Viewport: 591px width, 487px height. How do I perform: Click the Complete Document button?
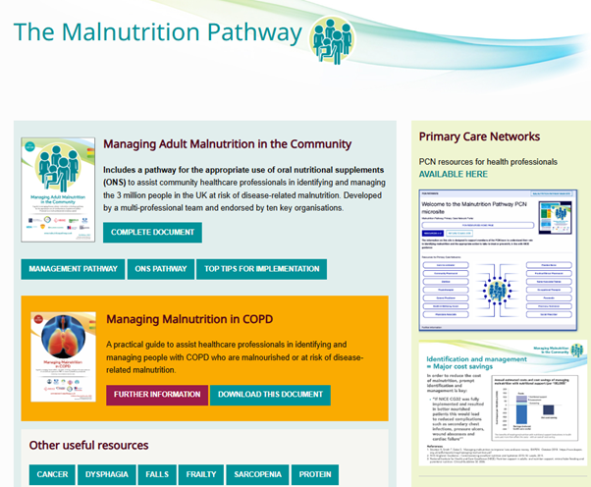152,233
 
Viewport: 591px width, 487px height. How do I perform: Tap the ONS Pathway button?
159,269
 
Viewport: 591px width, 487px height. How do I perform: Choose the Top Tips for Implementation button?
261,269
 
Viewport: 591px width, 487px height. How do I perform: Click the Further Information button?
157,395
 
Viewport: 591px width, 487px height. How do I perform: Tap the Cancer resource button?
52,475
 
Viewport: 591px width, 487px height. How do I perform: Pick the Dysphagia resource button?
105,475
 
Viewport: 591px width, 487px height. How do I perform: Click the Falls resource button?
155,475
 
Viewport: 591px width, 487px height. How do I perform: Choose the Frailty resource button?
202,475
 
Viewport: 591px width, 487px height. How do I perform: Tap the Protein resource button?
315,475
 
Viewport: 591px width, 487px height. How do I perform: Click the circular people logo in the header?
331,38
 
